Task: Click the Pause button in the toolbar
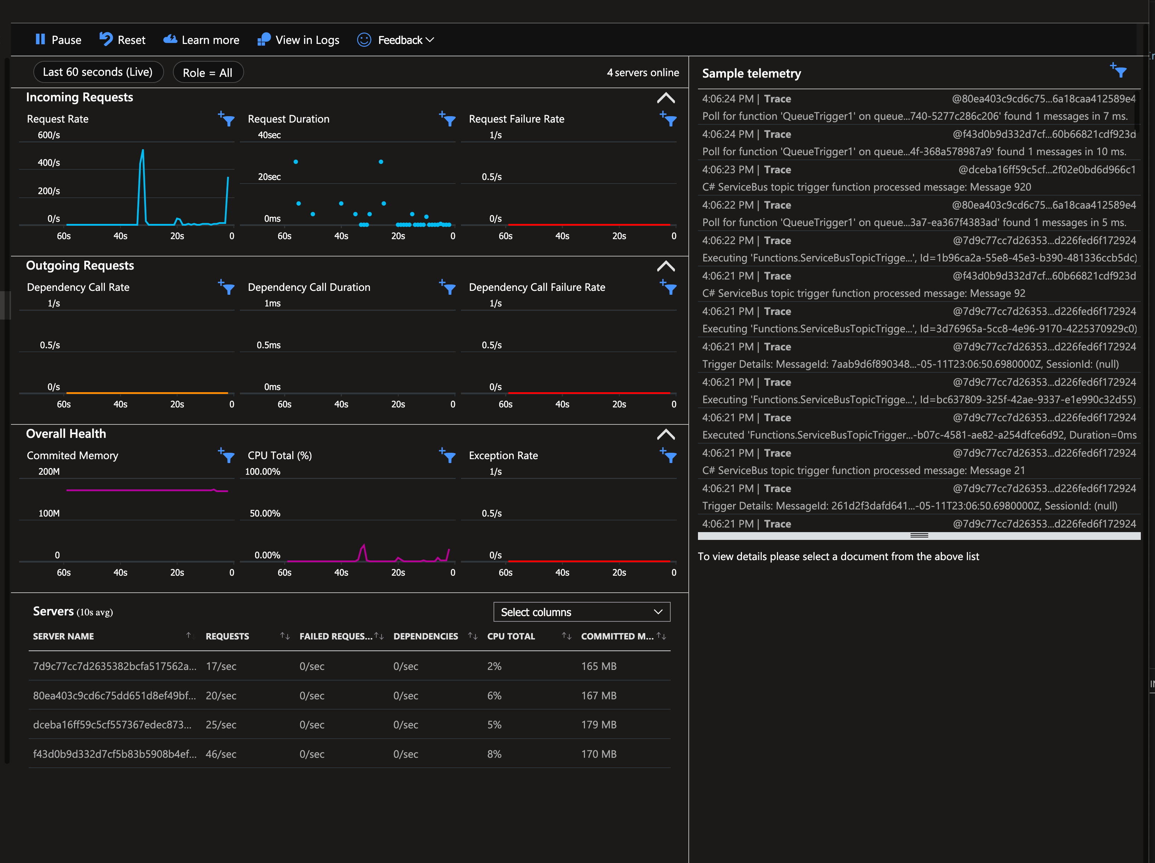pos(58,40)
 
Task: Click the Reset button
pos(122,40)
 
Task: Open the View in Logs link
pos(298,40)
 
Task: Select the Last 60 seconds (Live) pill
pos(98,72)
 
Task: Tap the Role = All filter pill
pos(208,73)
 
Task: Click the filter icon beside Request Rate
pos(227,119)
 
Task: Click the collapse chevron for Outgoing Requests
pos(665,266)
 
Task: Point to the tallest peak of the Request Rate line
pos(142,151)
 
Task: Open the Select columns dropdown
pos(581,612)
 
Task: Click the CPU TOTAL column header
pos(511,636)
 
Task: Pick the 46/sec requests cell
pos(221,754)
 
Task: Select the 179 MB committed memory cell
pos(598,724)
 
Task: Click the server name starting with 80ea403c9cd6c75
pos(114,695)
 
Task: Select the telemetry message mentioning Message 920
pos(866,187)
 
